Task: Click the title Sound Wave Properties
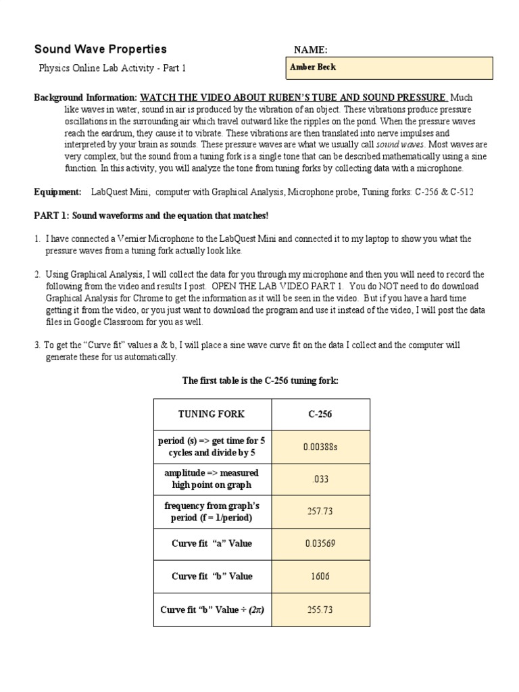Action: coord(100,49)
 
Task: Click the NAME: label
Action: coord(311,50)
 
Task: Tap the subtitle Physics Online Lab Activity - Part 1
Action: coord(112,68)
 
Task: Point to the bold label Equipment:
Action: coord(57,193)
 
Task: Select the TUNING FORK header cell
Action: coord(212,414)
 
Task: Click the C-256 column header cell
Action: coord(320,414)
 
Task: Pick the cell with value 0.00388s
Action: coord(320,447)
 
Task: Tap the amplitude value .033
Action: coord(320,479)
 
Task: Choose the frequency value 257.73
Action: coord(320,512)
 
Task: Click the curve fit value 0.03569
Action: coord(320,544)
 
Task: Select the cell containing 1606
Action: coord(320,576)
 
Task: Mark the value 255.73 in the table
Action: coord(320,610)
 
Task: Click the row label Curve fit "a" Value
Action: coord(212,544)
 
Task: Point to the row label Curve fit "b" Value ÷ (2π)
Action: coord(212,610)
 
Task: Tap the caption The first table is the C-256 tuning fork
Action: coord(260,381)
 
